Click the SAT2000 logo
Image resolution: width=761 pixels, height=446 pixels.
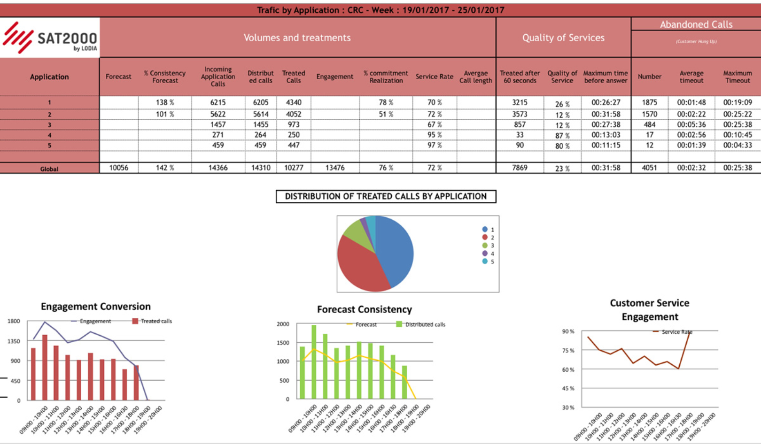coord(50,38)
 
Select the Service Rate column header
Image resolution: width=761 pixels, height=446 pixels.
coord(434,77)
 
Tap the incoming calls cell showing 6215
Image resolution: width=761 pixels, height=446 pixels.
coord(218,102)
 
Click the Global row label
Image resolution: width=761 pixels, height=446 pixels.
coord(49,169)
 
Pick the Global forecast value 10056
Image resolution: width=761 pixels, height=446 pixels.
coord(119,168)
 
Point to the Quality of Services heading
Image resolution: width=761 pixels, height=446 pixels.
coord(563,38)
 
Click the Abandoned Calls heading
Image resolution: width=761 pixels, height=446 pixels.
coord(696,24)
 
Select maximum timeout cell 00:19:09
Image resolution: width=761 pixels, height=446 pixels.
coord(738,102)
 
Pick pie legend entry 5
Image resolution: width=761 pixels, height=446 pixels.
coord(488,261)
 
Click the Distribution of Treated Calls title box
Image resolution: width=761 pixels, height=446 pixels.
coord(386,196)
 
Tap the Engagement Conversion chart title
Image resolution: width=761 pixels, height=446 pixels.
coord(96,307)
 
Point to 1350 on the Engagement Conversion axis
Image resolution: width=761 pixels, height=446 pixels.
coord(14,341)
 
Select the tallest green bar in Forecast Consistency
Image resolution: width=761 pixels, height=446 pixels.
coord(314,361)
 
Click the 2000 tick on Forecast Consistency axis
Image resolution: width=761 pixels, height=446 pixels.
coord(283,324)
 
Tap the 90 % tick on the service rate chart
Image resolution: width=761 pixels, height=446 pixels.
coord(568,331)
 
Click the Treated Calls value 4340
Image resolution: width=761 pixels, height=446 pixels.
coord(294,102)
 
